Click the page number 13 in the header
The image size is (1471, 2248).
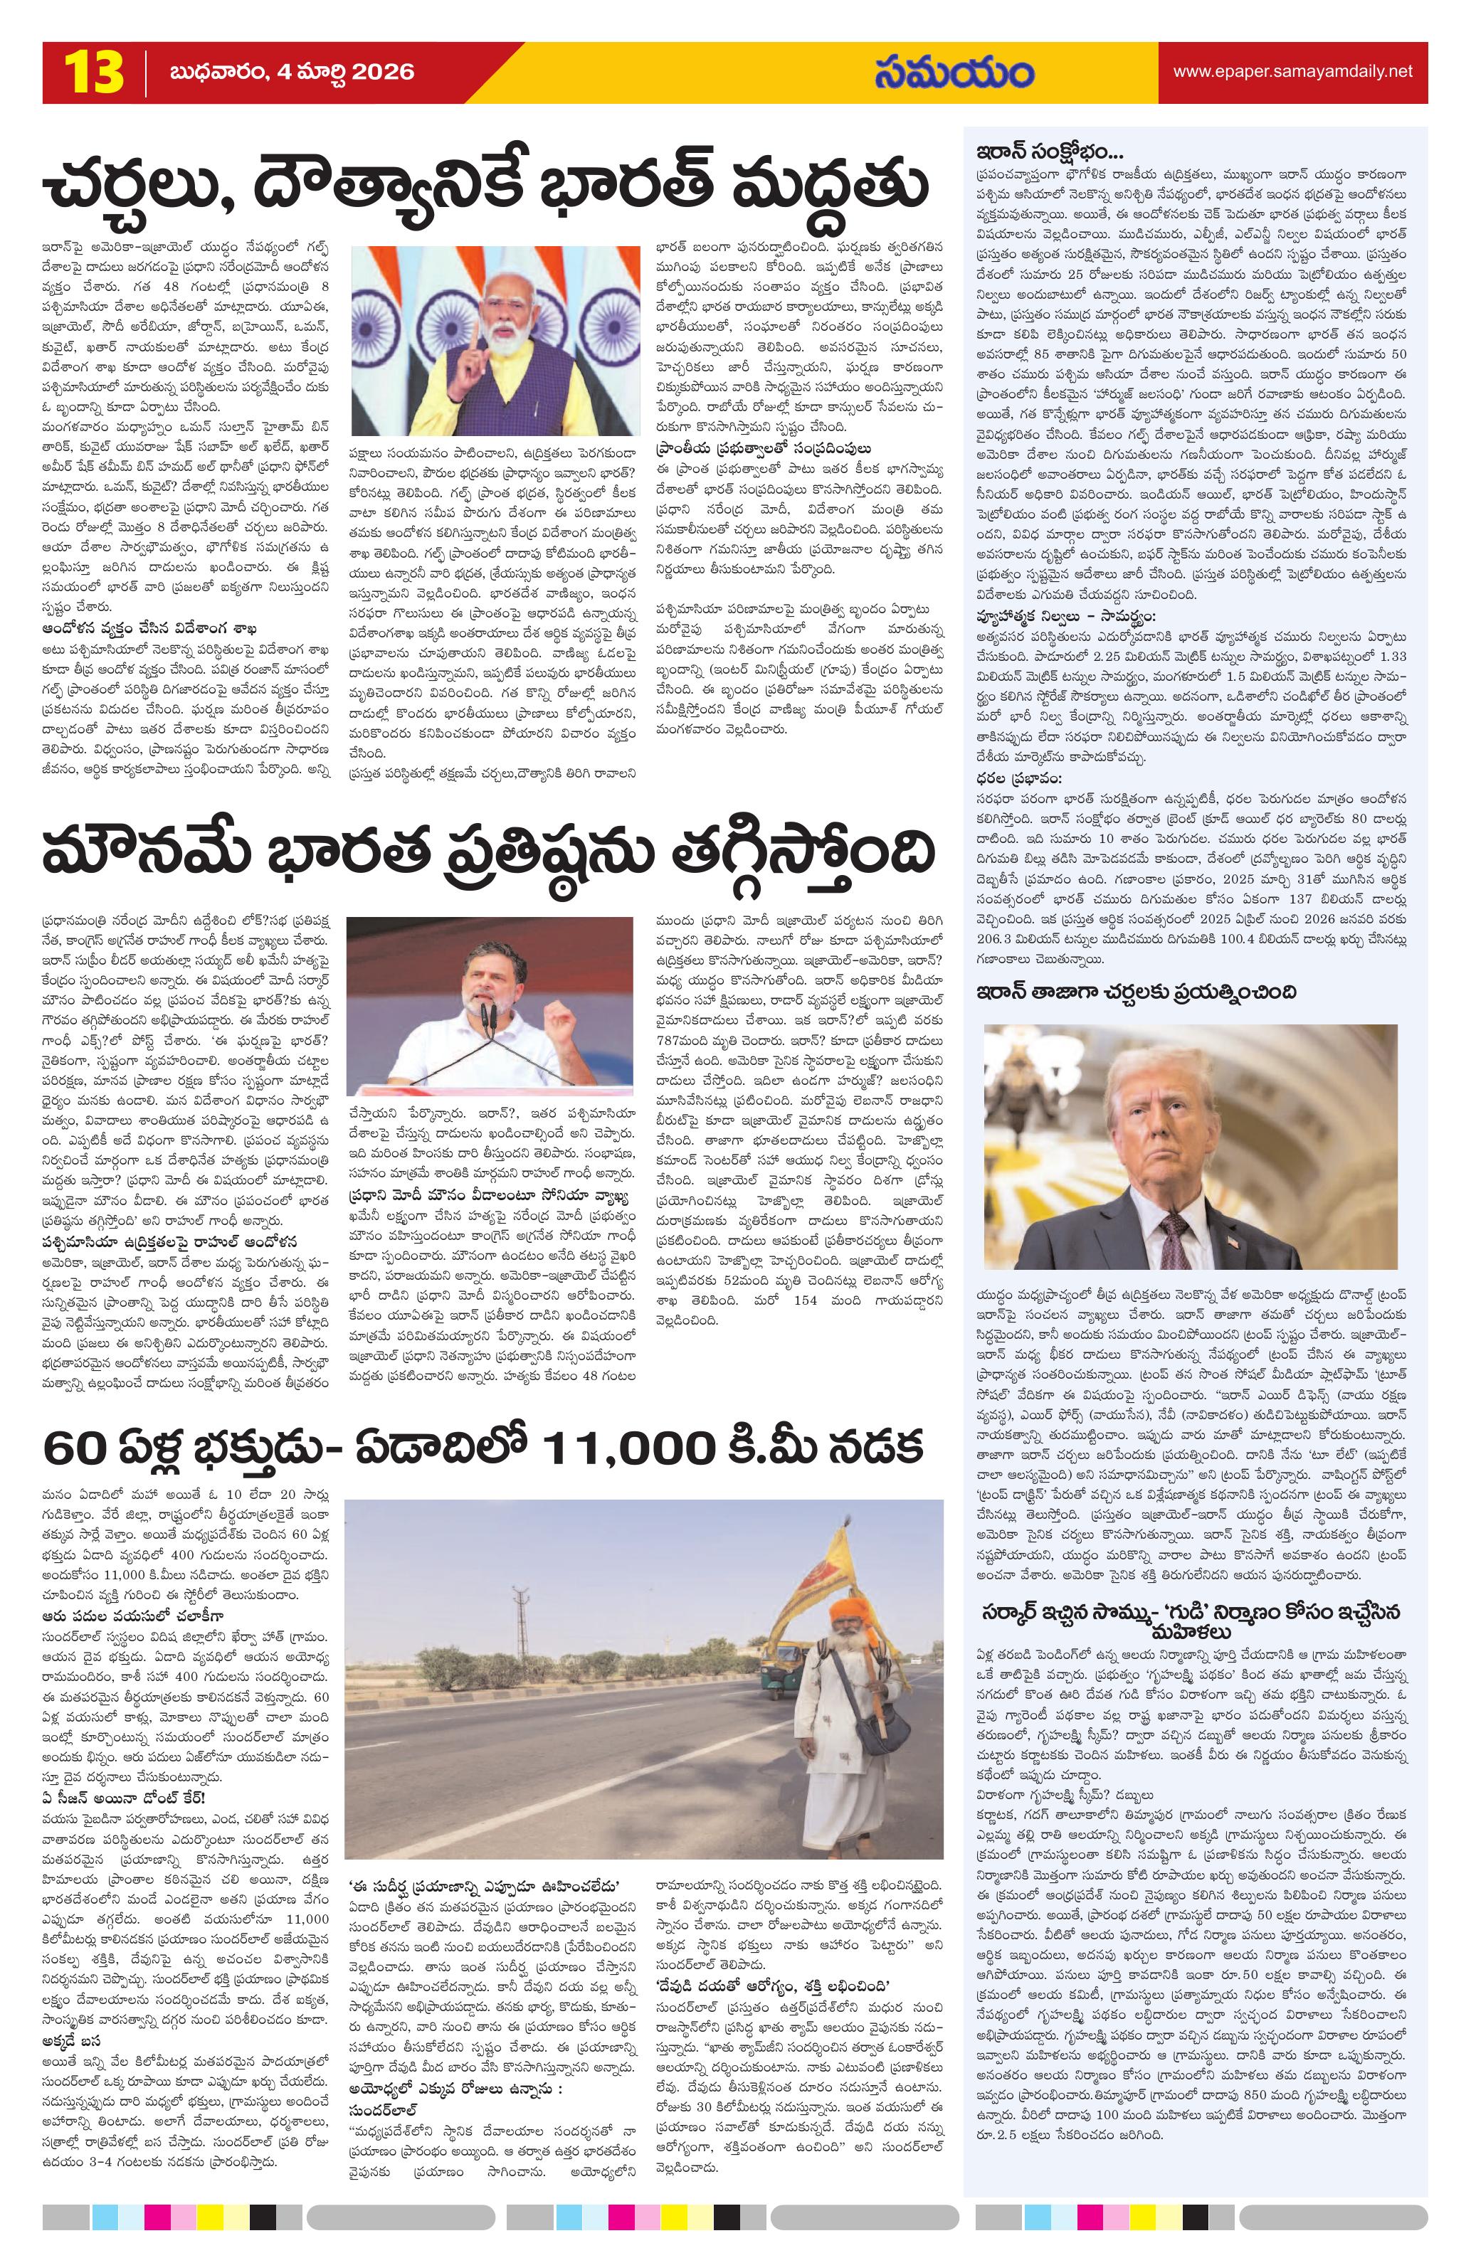point(93,73)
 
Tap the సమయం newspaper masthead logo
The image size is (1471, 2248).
point(954,73)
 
